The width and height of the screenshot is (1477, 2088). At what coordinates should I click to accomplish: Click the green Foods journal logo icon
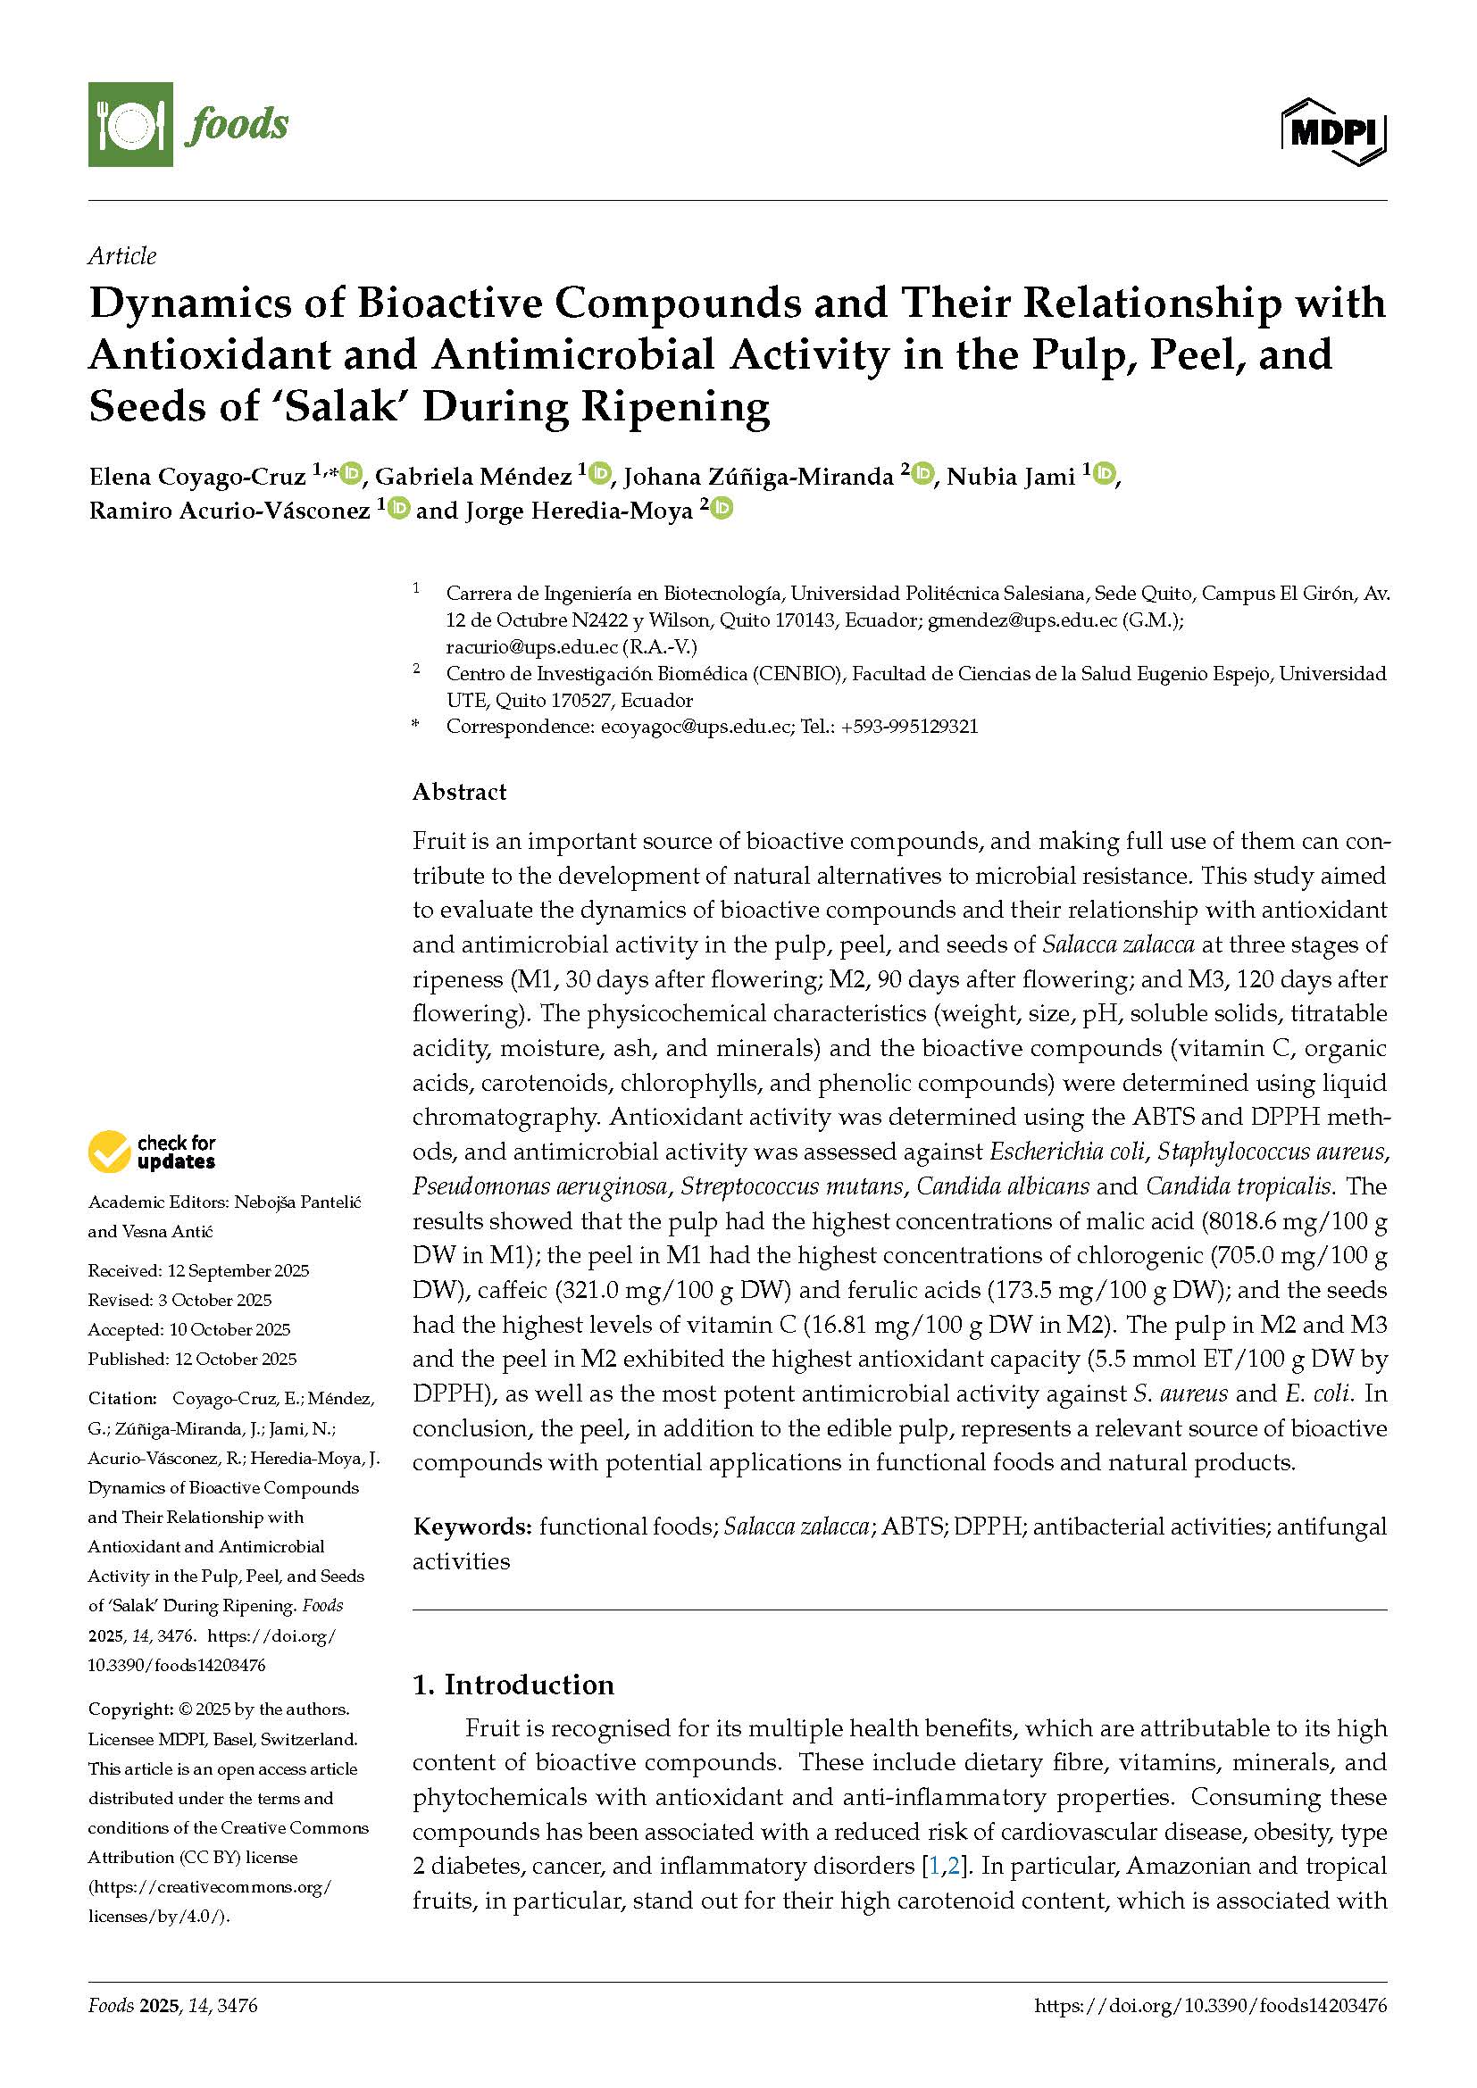[130, 124]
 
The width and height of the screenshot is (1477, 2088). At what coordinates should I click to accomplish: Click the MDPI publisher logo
[1333, 133]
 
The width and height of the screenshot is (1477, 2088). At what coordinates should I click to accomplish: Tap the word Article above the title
[121, 256]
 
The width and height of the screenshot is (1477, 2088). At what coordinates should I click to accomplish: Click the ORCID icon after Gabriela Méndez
[600, 474]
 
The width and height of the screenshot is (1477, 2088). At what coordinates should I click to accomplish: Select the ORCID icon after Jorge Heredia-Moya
[722, 508]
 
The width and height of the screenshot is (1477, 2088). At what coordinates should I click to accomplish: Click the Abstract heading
[459, 792]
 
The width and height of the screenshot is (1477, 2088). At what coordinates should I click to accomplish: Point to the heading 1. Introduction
[513, 1685]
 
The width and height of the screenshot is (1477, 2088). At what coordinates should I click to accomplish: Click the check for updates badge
[152, 1152]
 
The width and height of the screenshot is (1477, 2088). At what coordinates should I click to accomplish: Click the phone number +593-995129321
[909, 727]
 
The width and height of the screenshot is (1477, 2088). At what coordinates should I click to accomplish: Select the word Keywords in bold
[471, 1526]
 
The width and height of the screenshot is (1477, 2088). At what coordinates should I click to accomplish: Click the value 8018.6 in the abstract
[1251, 1221]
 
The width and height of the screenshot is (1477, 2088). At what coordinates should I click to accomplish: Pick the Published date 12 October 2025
[233, 1359]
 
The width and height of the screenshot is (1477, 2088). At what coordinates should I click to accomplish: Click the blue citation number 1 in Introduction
[932, 1866]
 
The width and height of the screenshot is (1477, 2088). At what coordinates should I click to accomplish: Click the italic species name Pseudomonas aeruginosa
[538, 1186]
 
